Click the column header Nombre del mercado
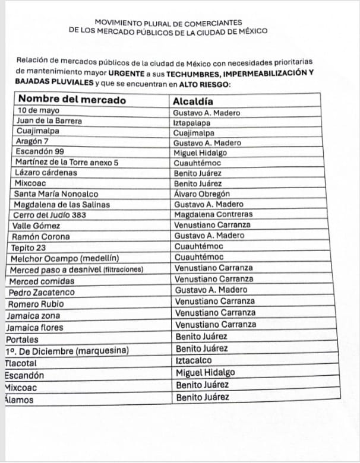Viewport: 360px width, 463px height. click(72, 100)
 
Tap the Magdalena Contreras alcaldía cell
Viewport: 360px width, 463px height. click(213, 214)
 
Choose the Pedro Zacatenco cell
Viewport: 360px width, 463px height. click(39, 293)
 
